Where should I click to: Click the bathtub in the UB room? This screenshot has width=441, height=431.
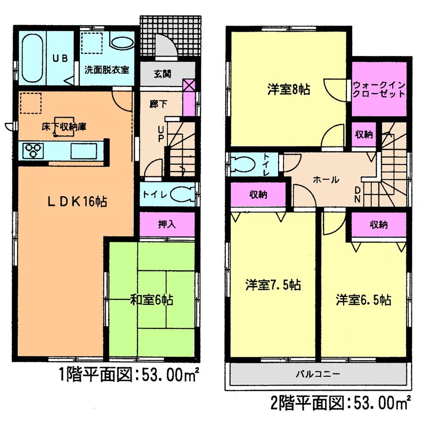pos(32,58)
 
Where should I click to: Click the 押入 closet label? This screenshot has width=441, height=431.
pos(167,224)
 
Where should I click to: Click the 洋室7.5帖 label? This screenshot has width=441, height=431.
pos(273,285)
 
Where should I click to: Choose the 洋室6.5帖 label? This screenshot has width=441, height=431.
pos(363,300)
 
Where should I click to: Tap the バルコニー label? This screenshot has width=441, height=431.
pos(317,375)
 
